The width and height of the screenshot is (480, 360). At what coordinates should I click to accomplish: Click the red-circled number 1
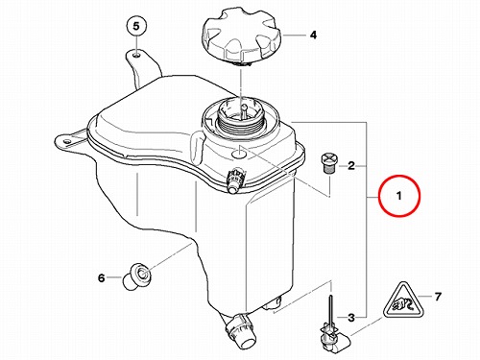398,195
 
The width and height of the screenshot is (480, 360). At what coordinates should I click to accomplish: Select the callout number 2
351,166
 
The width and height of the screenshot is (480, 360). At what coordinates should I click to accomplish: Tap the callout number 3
351,318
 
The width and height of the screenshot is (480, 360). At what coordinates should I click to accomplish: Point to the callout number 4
313,35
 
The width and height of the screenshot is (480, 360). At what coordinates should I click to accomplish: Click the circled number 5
136,26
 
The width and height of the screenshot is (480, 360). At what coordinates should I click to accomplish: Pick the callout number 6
101,277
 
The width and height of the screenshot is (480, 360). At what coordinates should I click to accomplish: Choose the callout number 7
438,297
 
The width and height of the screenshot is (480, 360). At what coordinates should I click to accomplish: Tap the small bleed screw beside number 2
327,164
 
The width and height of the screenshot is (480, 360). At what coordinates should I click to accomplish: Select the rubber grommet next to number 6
137,276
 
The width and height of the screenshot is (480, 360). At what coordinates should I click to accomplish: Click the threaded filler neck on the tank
242,119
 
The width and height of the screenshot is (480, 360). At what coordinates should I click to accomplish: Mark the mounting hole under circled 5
136,56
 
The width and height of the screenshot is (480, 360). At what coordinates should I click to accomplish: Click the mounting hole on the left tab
67,141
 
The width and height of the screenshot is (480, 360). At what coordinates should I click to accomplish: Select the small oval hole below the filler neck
239,155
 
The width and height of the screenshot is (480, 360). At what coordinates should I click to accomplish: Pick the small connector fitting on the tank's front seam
235,180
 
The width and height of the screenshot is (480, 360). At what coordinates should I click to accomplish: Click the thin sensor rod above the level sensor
329,309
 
